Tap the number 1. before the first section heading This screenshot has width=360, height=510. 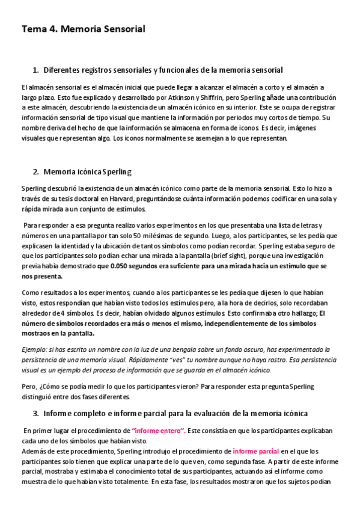[35, 70]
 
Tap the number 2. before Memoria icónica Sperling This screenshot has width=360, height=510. [35, 171]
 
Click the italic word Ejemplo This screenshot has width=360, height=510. [34, 349]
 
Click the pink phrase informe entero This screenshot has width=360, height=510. [157, 431]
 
